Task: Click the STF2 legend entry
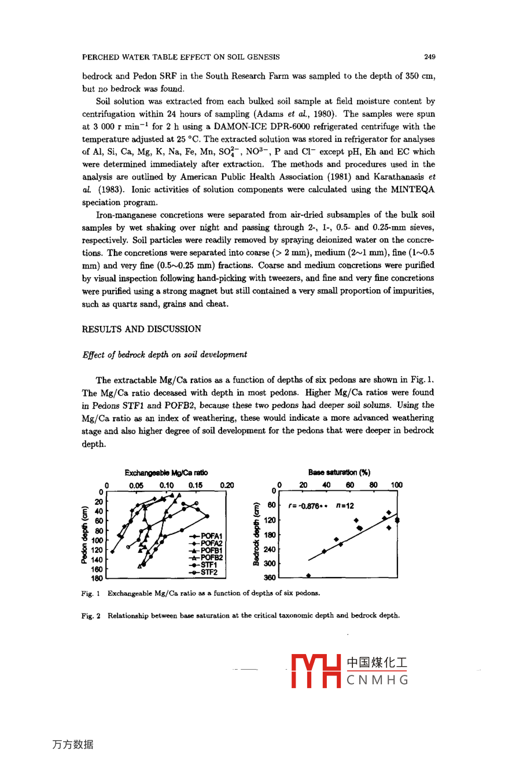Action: pyautogui.click(x=209, y=572)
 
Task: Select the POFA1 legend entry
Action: pyautogui.click(x=211, y=537)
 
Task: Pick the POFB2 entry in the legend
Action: pyautogui.click(x=211, y=557)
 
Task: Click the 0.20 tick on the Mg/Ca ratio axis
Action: pyautogui.click(x=227, y=485)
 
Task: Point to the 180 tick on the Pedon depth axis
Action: pyautogui.click(x=97, y=578)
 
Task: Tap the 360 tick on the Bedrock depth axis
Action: pyautogui.click(x=270, y=578)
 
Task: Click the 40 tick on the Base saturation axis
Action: pyautogui.click(x=327, y=485)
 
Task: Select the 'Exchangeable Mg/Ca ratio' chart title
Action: pyautogui.click(x=166, y=473)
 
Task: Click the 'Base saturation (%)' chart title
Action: pyautogui.click(x=339, y=472)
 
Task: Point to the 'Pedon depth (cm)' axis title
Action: pyautogui.click(x=84, y=534)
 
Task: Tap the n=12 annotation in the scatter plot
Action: pyautogui.click(x=345, y=506)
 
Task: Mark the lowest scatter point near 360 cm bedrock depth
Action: pyautogui.click(x=308, y=575)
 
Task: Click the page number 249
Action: pyautogui.click(x=429, y=57)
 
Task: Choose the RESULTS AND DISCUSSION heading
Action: pyautogui.click(x=142, y=329)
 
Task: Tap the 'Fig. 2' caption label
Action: pyautogui.click(x=91, y=615)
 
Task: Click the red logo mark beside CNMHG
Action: pyautogui.click(x=315, y=671)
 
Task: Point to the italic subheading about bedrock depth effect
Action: pyautogui.click(x=165, y=354)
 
